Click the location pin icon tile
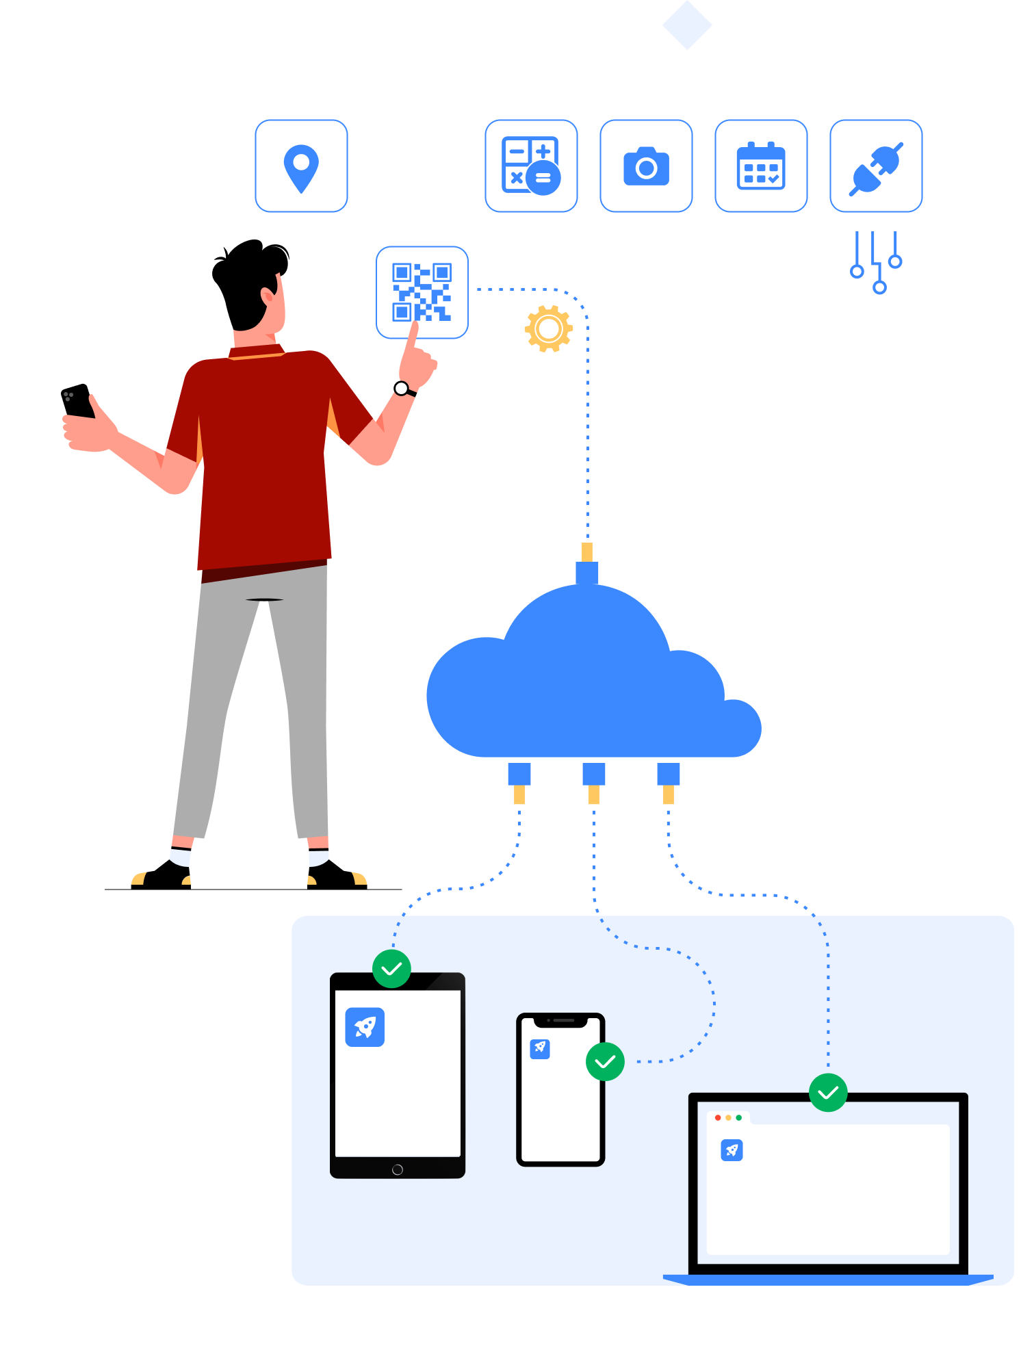click(301, 166)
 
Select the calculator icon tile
click(531, 166)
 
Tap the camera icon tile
click(646, 166)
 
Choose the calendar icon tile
click(761, 166)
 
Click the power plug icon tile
click(876, 166)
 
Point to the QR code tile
click(422, 292)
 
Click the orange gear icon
click(549, 329)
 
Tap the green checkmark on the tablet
click(391, 968)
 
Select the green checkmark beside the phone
click(605, 1061)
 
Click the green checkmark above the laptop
click(828, 1092)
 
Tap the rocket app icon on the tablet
click(365, 1026)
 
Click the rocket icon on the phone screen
click(540, 1048)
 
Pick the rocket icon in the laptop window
click(732, 1150)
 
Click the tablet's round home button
click(398, 1169)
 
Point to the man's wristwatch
click(402, 389)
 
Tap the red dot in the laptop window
click(718, 1117)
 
